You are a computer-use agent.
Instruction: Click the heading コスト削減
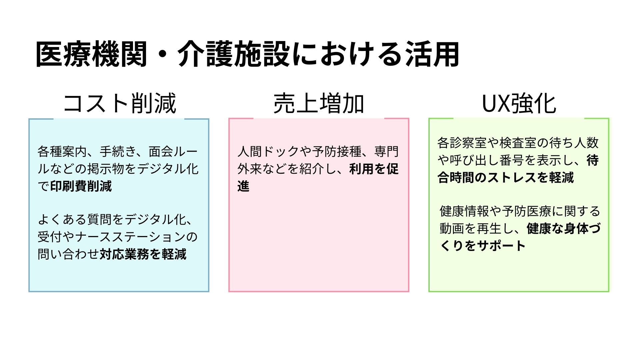click(120, 103)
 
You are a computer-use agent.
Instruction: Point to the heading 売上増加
click(319, 103)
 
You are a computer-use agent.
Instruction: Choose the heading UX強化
click(519, 103)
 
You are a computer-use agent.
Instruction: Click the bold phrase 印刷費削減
click(81, 186)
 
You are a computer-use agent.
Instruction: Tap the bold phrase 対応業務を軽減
click(143, 254)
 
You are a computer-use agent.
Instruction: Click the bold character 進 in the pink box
click(244, 186)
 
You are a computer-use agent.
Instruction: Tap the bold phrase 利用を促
click(374, 169)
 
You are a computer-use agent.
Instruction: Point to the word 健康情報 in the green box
click(464, 211)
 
